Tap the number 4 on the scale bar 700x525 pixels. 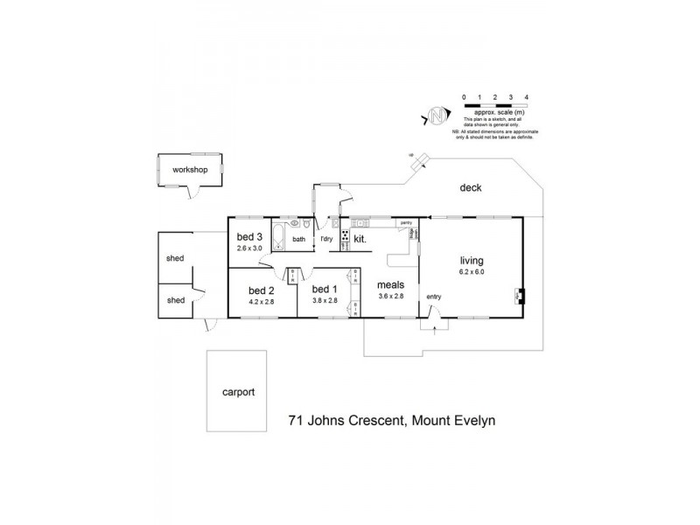click(526, 97)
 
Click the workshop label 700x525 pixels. click(190, 170)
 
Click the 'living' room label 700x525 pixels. click(472, 260)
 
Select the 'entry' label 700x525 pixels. click(434, 297)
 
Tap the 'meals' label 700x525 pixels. click(389, 284)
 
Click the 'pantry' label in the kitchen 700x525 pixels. click(406, 224)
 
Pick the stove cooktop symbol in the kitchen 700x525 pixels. click(346, 237)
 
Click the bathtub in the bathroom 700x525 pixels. click(278, 237)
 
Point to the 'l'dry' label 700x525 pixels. click(326, 239)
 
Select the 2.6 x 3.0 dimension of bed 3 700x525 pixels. click(250, 248)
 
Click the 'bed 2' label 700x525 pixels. click(262, 290)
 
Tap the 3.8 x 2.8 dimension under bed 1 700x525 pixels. click(325, 301)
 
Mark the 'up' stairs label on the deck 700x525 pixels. click(410, 154)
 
